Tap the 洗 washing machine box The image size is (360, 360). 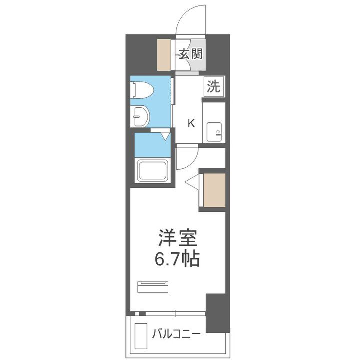pos(213,87)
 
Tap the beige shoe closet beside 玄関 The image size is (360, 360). pos(165,53)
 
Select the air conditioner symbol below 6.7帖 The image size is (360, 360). pos(154,286)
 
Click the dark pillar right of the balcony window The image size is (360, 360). pos(217,313)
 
